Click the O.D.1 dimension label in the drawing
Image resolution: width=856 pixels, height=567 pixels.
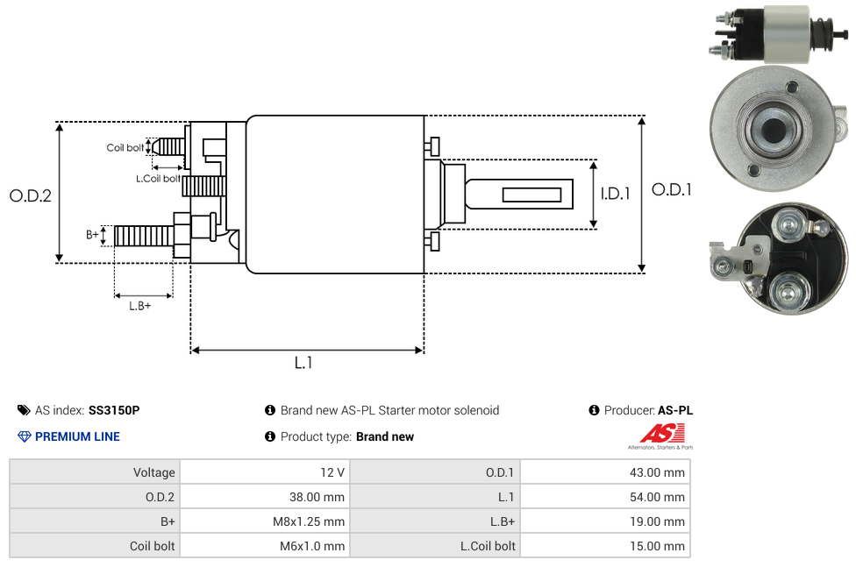coord(671,189)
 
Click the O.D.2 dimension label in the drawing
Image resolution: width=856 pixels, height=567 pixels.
coord(31,196)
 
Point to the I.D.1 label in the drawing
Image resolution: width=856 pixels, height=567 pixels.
coord(615,195)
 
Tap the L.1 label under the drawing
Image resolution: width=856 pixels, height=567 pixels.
coord(303,363)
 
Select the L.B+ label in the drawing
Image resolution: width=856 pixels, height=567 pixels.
coord(140,306)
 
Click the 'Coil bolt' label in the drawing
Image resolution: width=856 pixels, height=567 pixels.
coord(125,147)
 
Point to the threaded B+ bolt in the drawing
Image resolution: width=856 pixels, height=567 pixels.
coord(142,236)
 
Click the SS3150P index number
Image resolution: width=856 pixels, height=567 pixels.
coord(114,410)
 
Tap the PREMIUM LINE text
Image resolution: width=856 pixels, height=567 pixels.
coord(77,436)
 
